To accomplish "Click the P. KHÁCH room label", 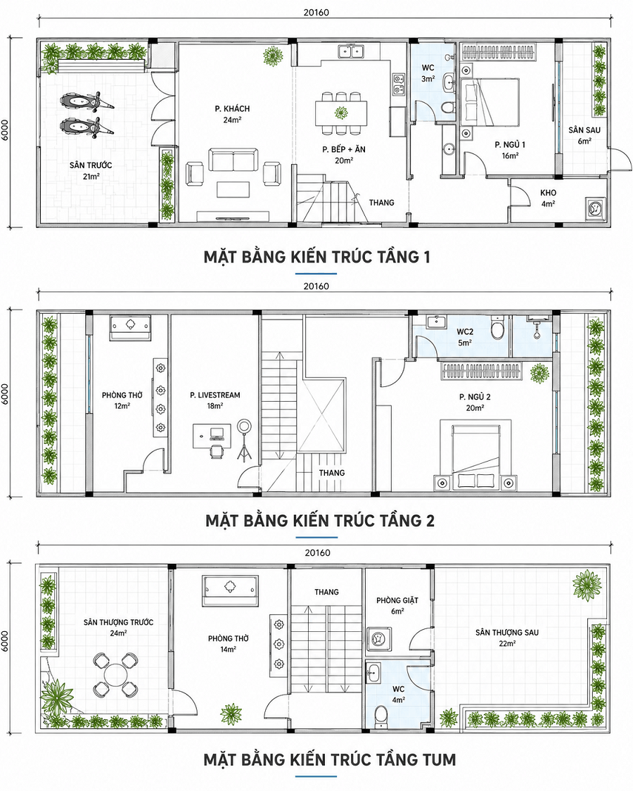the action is (232, 114).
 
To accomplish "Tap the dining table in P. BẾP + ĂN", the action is (341, 113).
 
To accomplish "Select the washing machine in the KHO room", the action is (595, 208).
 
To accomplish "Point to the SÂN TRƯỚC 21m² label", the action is (91, 170).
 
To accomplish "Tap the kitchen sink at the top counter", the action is (351, 51).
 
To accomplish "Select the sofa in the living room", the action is (234, 160).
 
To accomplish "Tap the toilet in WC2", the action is (497, 328).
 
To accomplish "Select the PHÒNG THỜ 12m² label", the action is (122, 400).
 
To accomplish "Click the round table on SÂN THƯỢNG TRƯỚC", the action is (115, 675).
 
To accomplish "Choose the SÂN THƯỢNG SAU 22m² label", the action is (507, 638).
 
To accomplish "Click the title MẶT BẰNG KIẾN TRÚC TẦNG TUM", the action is (330, 760).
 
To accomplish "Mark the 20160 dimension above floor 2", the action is (316, 286).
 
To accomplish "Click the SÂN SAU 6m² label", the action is (584, 135).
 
